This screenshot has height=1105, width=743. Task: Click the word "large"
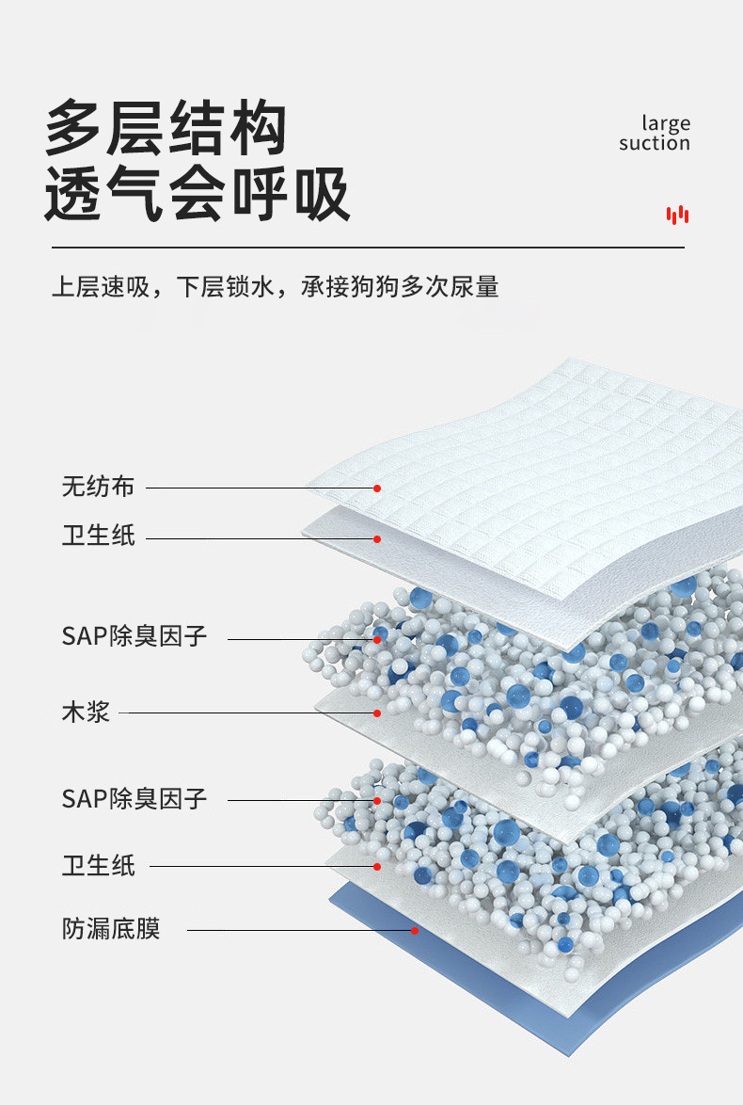[666, 122]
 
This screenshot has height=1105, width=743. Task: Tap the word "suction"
[655, 143]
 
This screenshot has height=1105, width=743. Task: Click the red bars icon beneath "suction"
[677, 215]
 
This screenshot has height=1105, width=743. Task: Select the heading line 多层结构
[166, 130]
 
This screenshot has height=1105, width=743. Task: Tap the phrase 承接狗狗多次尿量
[400, 286]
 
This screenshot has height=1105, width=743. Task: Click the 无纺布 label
[98, 487]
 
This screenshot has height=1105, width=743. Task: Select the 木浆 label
[86, 712]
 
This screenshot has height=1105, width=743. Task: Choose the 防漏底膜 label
[111, 929]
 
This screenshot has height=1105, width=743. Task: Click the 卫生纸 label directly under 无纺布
[98, 536]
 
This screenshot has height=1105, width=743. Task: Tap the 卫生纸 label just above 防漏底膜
[98, 865]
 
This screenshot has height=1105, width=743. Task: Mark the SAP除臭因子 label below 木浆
[134, 799]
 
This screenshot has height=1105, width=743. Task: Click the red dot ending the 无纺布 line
[376, 488]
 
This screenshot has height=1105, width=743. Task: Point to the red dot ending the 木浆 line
[376, 713]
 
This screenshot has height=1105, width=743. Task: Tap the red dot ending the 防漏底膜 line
[415, 930]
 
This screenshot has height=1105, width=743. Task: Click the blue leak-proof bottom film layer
[527, 979]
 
